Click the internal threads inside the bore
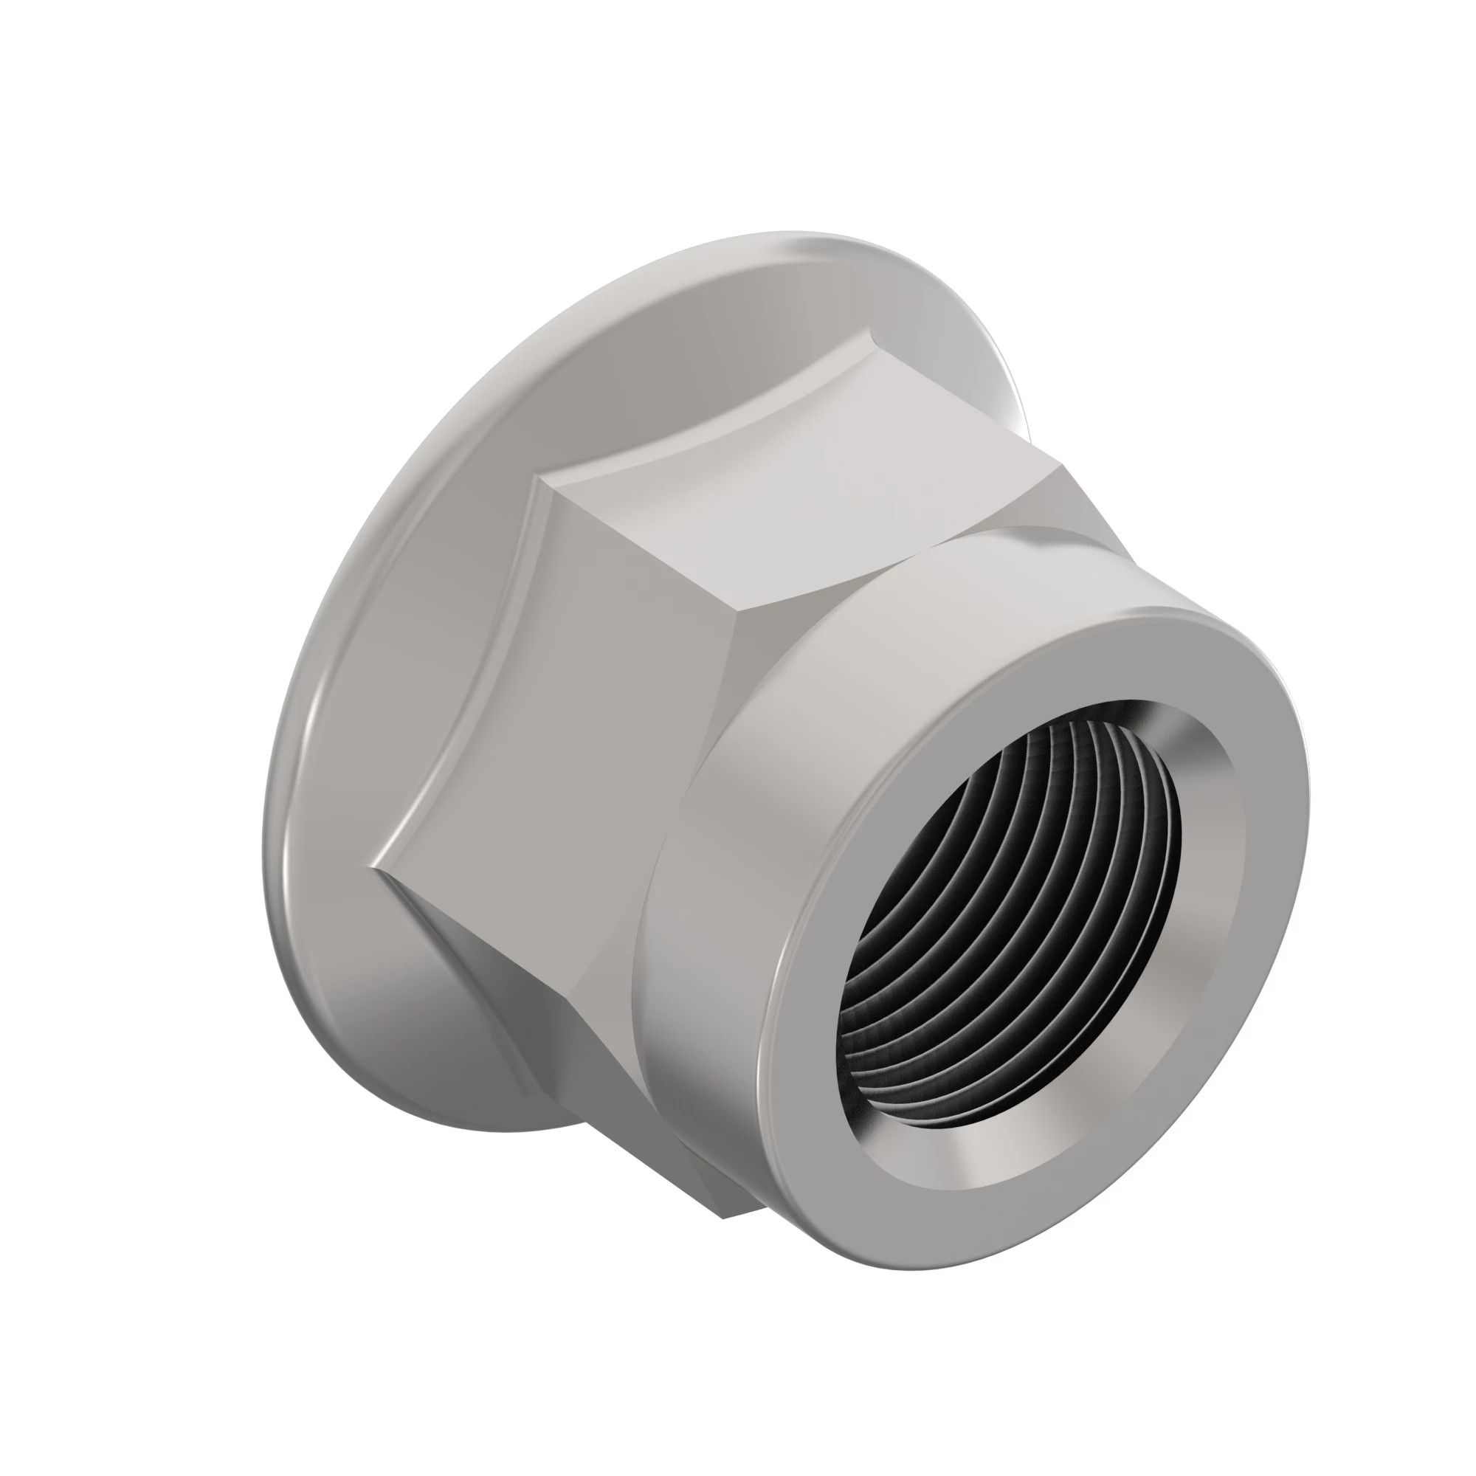point(993,917)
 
